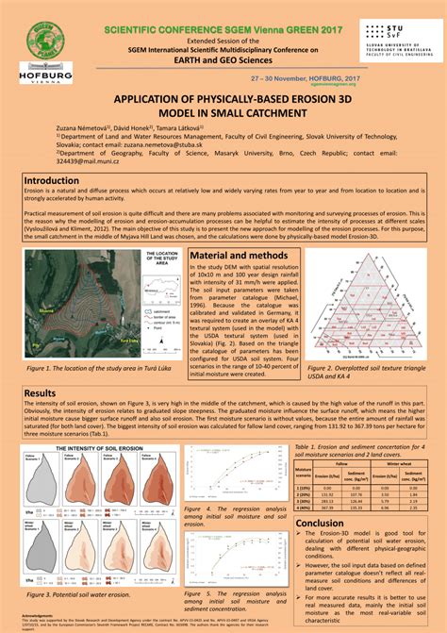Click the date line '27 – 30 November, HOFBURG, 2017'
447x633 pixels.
point(299,81)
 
